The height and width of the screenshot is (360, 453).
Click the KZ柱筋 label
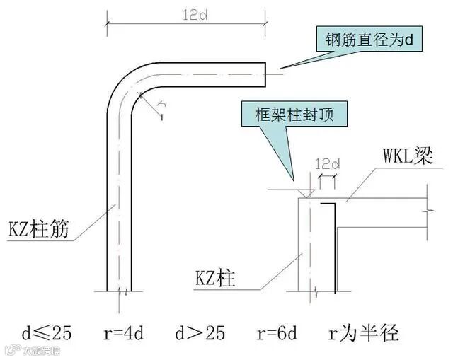point(40,231)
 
